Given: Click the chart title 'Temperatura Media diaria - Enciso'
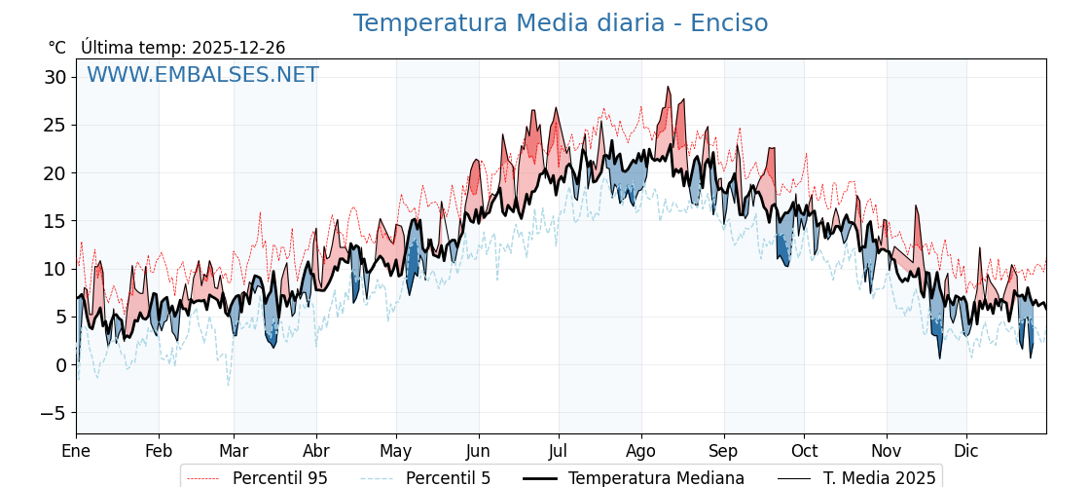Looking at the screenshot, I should [x=560, y=23].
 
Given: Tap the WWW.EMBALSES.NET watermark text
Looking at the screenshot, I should [x=202, y=75].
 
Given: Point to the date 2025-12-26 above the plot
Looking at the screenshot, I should [x=238, y=48].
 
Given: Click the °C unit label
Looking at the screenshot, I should [x=56, y=48].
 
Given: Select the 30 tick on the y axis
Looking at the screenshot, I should [x=56, y=77].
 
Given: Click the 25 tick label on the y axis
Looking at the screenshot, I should [x=56, y=125].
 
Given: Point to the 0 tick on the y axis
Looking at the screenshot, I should [x=61, y=365].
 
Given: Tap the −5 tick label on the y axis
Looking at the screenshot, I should [x=53, y=413].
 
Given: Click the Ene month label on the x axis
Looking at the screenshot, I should [x=76, y=451].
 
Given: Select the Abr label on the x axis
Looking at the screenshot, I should [x=316, y=451].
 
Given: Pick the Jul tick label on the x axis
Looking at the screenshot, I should [x=559, y=451].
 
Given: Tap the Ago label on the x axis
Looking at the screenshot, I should [x=641, y=451].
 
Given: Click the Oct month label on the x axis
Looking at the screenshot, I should [x=804, y=451].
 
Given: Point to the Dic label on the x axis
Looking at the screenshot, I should [x=966, y=451].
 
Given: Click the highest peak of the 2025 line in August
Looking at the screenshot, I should [x=668, y=88].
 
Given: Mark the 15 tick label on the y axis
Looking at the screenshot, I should [x=56, y=221].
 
